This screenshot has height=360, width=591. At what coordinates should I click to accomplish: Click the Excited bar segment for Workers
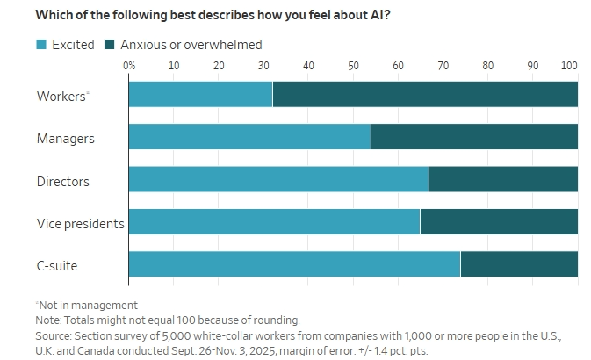click(x=200, y=95)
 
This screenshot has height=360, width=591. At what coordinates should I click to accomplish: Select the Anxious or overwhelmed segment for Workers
click(x=425, y=95)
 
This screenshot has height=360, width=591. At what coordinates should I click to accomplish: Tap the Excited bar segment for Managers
click(x=249, y=137)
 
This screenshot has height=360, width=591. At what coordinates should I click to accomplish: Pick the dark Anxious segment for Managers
click(x=474, y=137)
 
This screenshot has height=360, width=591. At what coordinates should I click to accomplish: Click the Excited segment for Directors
click(x=278, y=179)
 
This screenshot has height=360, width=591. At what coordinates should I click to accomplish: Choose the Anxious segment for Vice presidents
click(x=499, y=222)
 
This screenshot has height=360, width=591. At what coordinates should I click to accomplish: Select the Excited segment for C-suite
click(x=294, y=264)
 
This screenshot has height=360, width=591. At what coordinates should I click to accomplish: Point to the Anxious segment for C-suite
click(x=519, y=264)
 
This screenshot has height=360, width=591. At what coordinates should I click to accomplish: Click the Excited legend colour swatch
click(x=41, y=44)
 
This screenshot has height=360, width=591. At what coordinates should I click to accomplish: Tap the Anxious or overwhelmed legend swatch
click(x=110, y=44)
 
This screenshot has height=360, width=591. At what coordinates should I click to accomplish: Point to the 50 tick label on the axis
click(x=353, y=66)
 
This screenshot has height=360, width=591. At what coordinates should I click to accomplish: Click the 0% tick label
click(x=129, y=66)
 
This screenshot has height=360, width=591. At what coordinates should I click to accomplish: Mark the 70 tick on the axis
click(x=443, y=66)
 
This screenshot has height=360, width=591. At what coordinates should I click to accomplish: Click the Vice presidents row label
click(x=80, y=223)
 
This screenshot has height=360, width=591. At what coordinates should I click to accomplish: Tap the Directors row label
click(x=63, y=181)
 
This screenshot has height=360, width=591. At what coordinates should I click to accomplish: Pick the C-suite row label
click(x=61, y=265)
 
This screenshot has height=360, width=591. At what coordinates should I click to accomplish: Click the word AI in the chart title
click(x=382, y=15)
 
